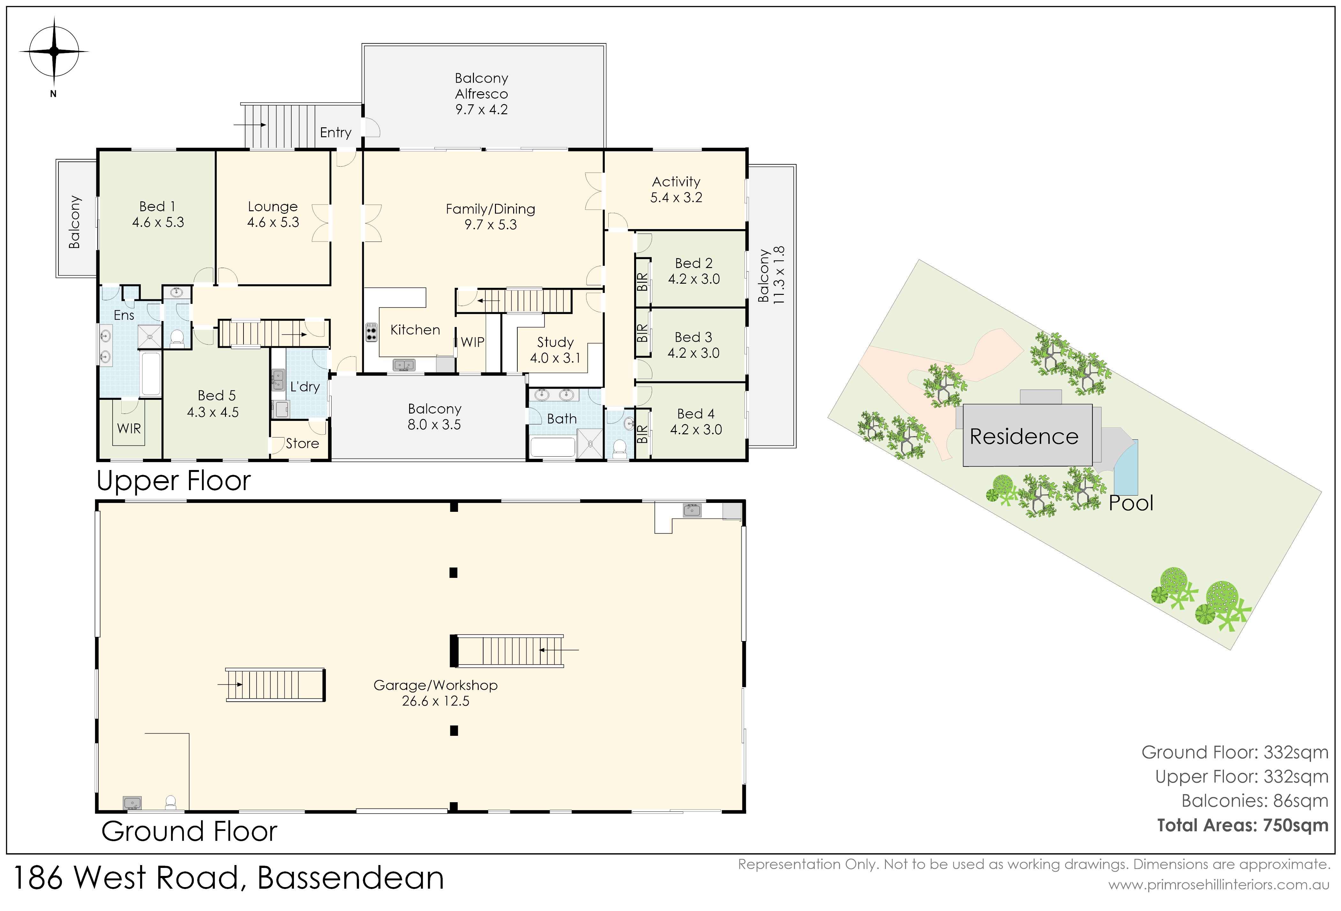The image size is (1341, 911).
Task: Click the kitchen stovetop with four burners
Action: [371, 333]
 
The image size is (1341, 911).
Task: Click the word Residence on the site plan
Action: [1024, 437]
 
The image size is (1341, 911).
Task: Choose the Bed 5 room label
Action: [216, 396]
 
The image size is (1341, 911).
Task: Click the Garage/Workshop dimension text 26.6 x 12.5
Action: [436, 701]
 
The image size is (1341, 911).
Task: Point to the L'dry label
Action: [305, 386]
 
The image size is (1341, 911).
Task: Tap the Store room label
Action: [302, 443]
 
